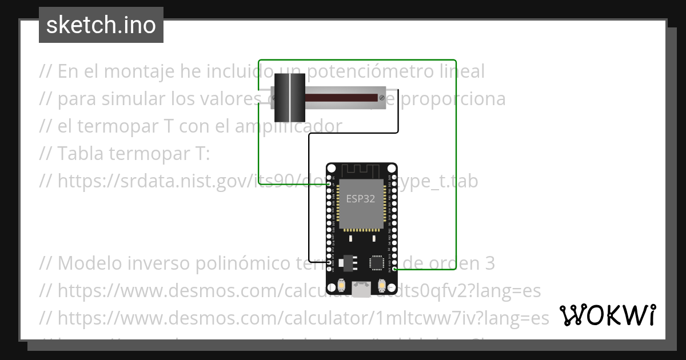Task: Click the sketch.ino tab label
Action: pos(101,25)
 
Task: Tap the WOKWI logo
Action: pos(607,315)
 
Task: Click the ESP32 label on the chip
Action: pos(361,199)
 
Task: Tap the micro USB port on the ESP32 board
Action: pos(361,289)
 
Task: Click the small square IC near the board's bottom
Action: pos(377,262)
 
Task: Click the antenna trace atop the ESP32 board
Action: pos(361,170)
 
